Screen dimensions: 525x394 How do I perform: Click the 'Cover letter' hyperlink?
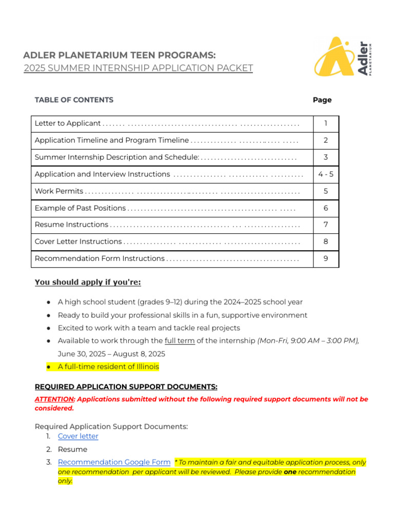tap(78, 436)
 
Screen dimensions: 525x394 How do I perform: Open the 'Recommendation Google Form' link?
tap(114, 462)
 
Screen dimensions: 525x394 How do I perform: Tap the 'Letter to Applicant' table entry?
tap(68, 124)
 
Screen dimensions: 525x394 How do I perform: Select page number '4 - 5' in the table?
tap(326, 174)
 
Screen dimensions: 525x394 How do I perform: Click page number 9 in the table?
tap(326, 259)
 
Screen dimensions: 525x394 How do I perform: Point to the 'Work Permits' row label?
tap(58, 191)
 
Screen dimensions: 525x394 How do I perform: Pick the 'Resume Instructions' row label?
tap(71, 225)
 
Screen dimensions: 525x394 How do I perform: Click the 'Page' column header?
tap(322, 100)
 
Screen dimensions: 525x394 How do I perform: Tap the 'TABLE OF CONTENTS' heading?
tap(74, 100)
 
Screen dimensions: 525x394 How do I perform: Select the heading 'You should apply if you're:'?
tap(88, 282)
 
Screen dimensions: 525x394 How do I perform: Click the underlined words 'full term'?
tap(180, 341)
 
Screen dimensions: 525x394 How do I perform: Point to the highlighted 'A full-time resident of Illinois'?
tap(108, 367)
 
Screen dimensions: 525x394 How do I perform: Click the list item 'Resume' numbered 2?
tap(72, 449)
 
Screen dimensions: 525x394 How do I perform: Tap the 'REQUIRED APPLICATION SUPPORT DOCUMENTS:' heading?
tap(126, 387)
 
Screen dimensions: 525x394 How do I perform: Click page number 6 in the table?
tap(326, 208)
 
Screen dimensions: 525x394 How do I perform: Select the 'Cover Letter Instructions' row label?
tap(78, 241)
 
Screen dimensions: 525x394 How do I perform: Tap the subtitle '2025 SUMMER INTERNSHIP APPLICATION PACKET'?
tap(138, 68)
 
